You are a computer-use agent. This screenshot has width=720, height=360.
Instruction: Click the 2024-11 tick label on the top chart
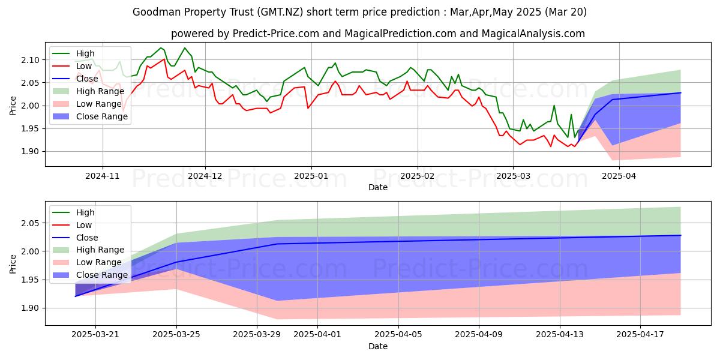(x=103, y=176)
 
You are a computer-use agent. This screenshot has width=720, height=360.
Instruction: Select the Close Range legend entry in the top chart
(x=101, y=116)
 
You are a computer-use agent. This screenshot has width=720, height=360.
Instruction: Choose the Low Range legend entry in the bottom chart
(x=100, y=262)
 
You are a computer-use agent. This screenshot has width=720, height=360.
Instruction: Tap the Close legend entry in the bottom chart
(x=87, y=237)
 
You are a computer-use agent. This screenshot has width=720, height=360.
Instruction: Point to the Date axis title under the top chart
(x=377, y=187)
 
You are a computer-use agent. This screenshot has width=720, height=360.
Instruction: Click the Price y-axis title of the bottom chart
(x=13, y=263)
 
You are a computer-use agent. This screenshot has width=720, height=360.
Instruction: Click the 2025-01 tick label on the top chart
(x=311, y=176)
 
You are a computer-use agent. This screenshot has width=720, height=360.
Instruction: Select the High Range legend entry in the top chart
(x=101, y=91)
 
